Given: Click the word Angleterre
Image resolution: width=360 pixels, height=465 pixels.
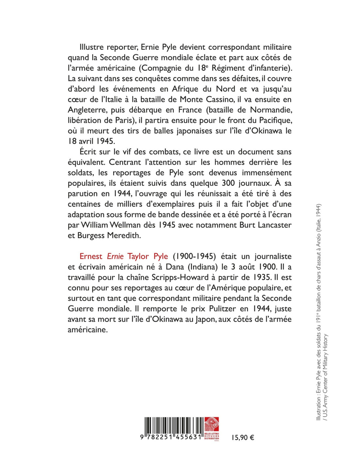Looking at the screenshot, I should pyautogui.click(x=87, y=110).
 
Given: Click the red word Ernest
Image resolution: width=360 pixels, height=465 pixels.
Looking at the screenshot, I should pyautogui.click(x=91, y=256).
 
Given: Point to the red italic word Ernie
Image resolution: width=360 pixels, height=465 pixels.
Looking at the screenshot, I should pyautogui.click(x=115, y=256).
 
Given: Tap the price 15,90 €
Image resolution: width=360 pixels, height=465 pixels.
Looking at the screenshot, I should pyautogui.click(x=243, y=438).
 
